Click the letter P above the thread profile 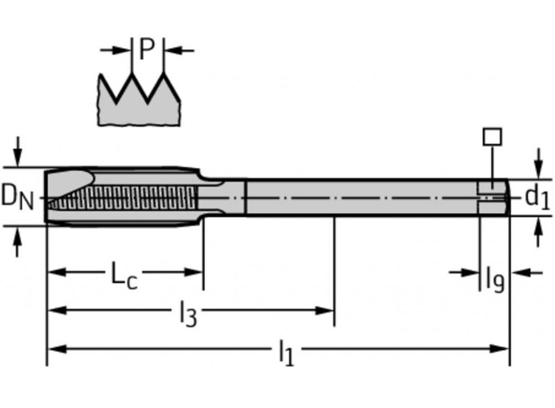[147, 50]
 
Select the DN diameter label [17, 196]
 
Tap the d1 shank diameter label [536, 197]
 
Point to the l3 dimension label [188, 314]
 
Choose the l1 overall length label [285, 353]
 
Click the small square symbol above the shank [492, 136]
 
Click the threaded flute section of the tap [122, 197]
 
